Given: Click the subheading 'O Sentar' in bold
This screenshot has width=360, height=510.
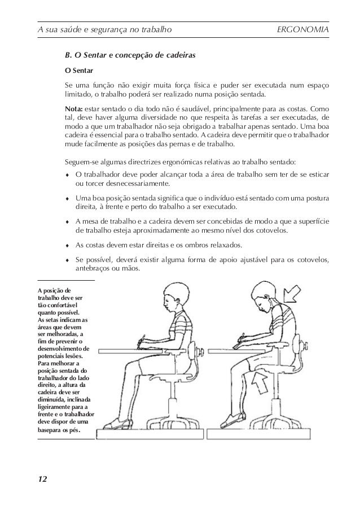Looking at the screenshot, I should click(x=80, y=72).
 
